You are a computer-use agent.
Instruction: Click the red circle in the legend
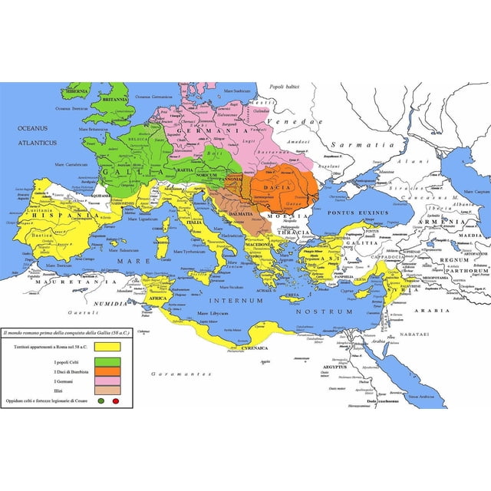(116, 401)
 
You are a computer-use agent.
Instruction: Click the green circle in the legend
(101, 401)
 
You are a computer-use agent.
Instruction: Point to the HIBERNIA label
(77, 91)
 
